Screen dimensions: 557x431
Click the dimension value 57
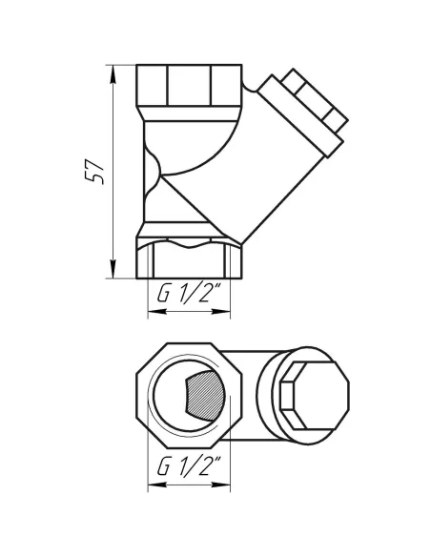93,169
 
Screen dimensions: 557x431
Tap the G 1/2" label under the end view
190,469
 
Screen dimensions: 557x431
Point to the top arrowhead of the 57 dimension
114,70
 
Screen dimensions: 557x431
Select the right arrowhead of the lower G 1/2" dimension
229,485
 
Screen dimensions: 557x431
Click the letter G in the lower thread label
162,469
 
